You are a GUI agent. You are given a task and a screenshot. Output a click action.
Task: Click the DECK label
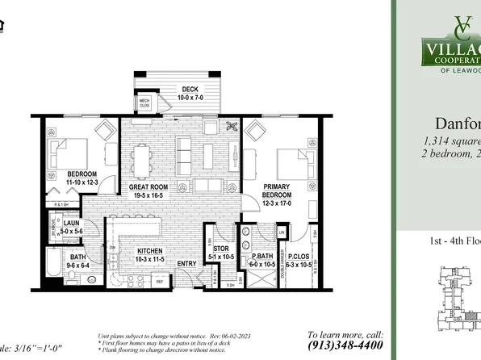pyautogui.click(x=189, y=90)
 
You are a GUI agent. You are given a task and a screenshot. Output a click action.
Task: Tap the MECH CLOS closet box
pyautogui.click(x=145, y=103)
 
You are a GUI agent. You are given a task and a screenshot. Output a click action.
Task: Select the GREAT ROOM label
pyautogui.click(x=148, y=186)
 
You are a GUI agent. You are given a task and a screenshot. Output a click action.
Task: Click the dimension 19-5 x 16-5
pyautogui.click(x=148, y=195)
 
